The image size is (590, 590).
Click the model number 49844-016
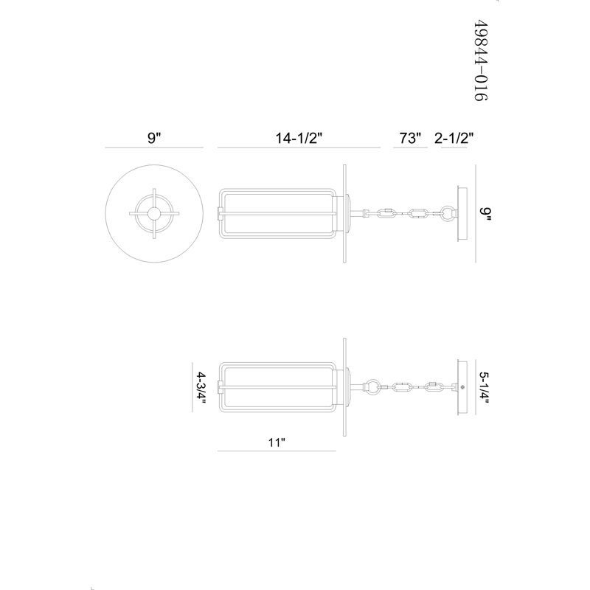(481, 60)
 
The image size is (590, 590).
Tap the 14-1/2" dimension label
(299, 138)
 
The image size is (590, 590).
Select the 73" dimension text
(410, 138)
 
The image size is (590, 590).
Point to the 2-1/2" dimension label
(454, 138)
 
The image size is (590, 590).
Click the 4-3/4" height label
(201, 388)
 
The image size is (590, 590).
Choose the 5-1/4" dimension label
(485, 388)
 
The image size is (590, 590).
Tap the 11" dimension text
(277, 442)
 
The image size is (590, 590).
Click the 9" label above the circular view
(154, 138)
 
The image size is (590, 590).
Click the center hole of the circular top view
(153, 214)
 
